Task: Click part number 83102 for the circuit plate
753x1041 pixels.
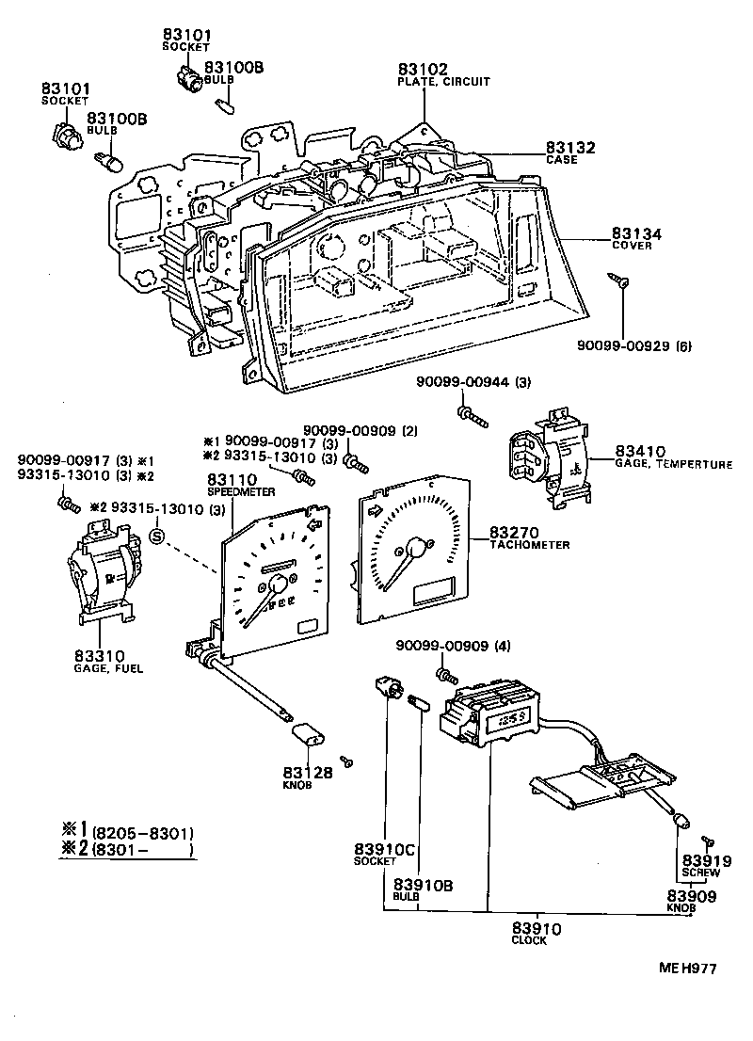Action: [x=423, y=69]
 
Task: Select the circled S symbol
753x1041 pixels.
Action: [x=157, y=537]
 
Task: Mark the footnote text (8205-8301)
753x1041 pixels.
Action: [x=143, y=833]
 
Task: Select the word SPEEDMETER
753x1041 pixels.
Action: [x=241, y=492]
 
